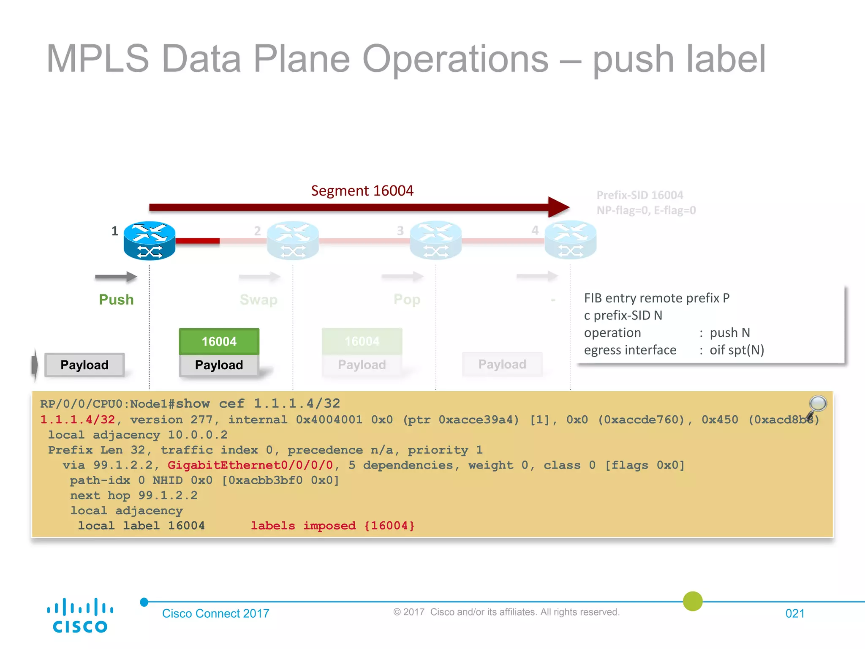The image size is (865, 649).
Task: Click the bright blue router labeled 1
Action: [x=149, y=240]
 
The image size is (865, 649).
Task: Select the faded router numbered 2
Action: [x=292, y=240]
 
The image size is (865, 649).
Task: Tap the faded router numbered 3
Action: [x=435, y=240]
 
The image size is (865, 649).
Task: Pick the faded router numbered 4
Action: [x=570, y=240]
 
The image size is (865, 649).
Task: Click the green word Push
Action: [x=116, y=300]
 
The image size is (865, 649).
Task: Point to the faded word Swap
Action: [x=258, y=300]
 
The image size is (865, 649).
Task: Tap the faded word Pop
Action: [x=407, y=300]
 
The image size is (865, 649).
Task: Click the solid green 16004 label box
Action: [x=219, y=341]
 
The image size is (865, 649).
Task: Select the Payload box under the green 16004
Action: [x=219, y=365]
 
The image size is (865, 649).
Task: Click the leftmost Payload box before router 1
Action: [x=84, y=365]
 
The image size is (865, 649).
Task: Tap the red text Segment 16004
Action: [x=362, y=191]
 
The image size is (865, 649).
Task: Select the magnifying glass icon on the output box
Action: [x=817, y=405]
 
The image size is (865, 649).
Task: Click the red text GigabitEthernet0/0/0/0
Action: [x=250, y=465]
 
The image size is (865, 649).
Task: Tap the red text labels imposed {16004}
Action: [x=332, y=526]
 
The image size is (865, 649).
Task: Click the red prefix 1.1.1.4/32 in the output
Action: [x=78, y=420]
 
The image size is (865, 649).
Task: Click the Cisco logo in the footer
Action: [x=80, y=616]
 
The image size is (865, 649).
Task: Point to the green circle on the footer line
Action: [x=693, y=601]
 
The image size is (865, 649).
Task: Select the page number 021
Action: [x=794, y=614]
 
